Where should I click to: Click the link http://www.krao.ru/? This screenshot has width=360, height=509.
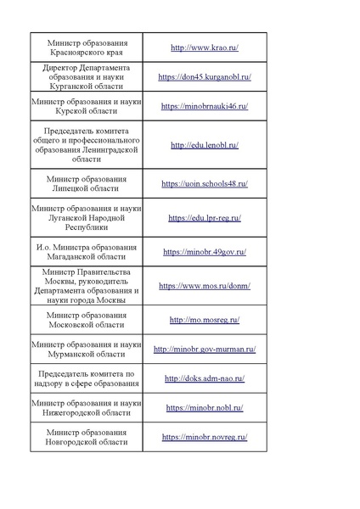pyautogui.click(x=204, y=48)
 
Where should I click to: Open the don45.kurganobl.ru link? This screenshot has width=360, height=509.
pyautogui.click(x=204, y=76)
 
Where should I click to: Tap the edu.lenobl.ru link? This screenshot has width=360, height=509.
pyautogui.click(x=204, y=145)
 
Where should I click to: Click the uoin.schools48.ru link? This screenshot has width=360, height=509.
pyautogui.click(x=204, y=183)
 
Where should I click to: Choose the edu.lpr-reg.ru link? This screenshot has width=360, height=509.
pyautogui.click(x=204, y=218)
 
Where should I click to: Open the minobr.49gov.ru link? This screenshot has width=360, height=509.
pyautogui.click(x=204, y=252)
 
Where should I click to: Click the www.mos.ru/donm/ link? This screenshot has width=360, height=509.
pyautogui.click(x=204, y=286)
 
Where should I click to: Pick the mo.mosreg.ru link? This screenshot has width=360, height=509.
pyautogui.click(x=204, y=320)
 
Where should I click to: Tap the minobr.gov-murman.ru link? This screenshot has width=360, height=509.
pyautogui.click(x=204, y=349)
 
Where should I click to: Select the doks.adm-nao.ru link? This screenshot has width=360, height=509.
pyautogui.click(x=204, y=378)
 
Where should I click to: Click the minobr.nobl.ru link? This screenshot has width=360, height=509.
pyautogui.click(x=204, y=407)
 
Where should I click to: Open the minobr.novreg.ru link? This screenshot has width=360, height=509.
pyautogui.click(x=204, y=437)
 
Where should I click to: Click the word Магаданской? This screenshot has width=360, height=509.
pyautogui.click(x=76, y=257)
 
